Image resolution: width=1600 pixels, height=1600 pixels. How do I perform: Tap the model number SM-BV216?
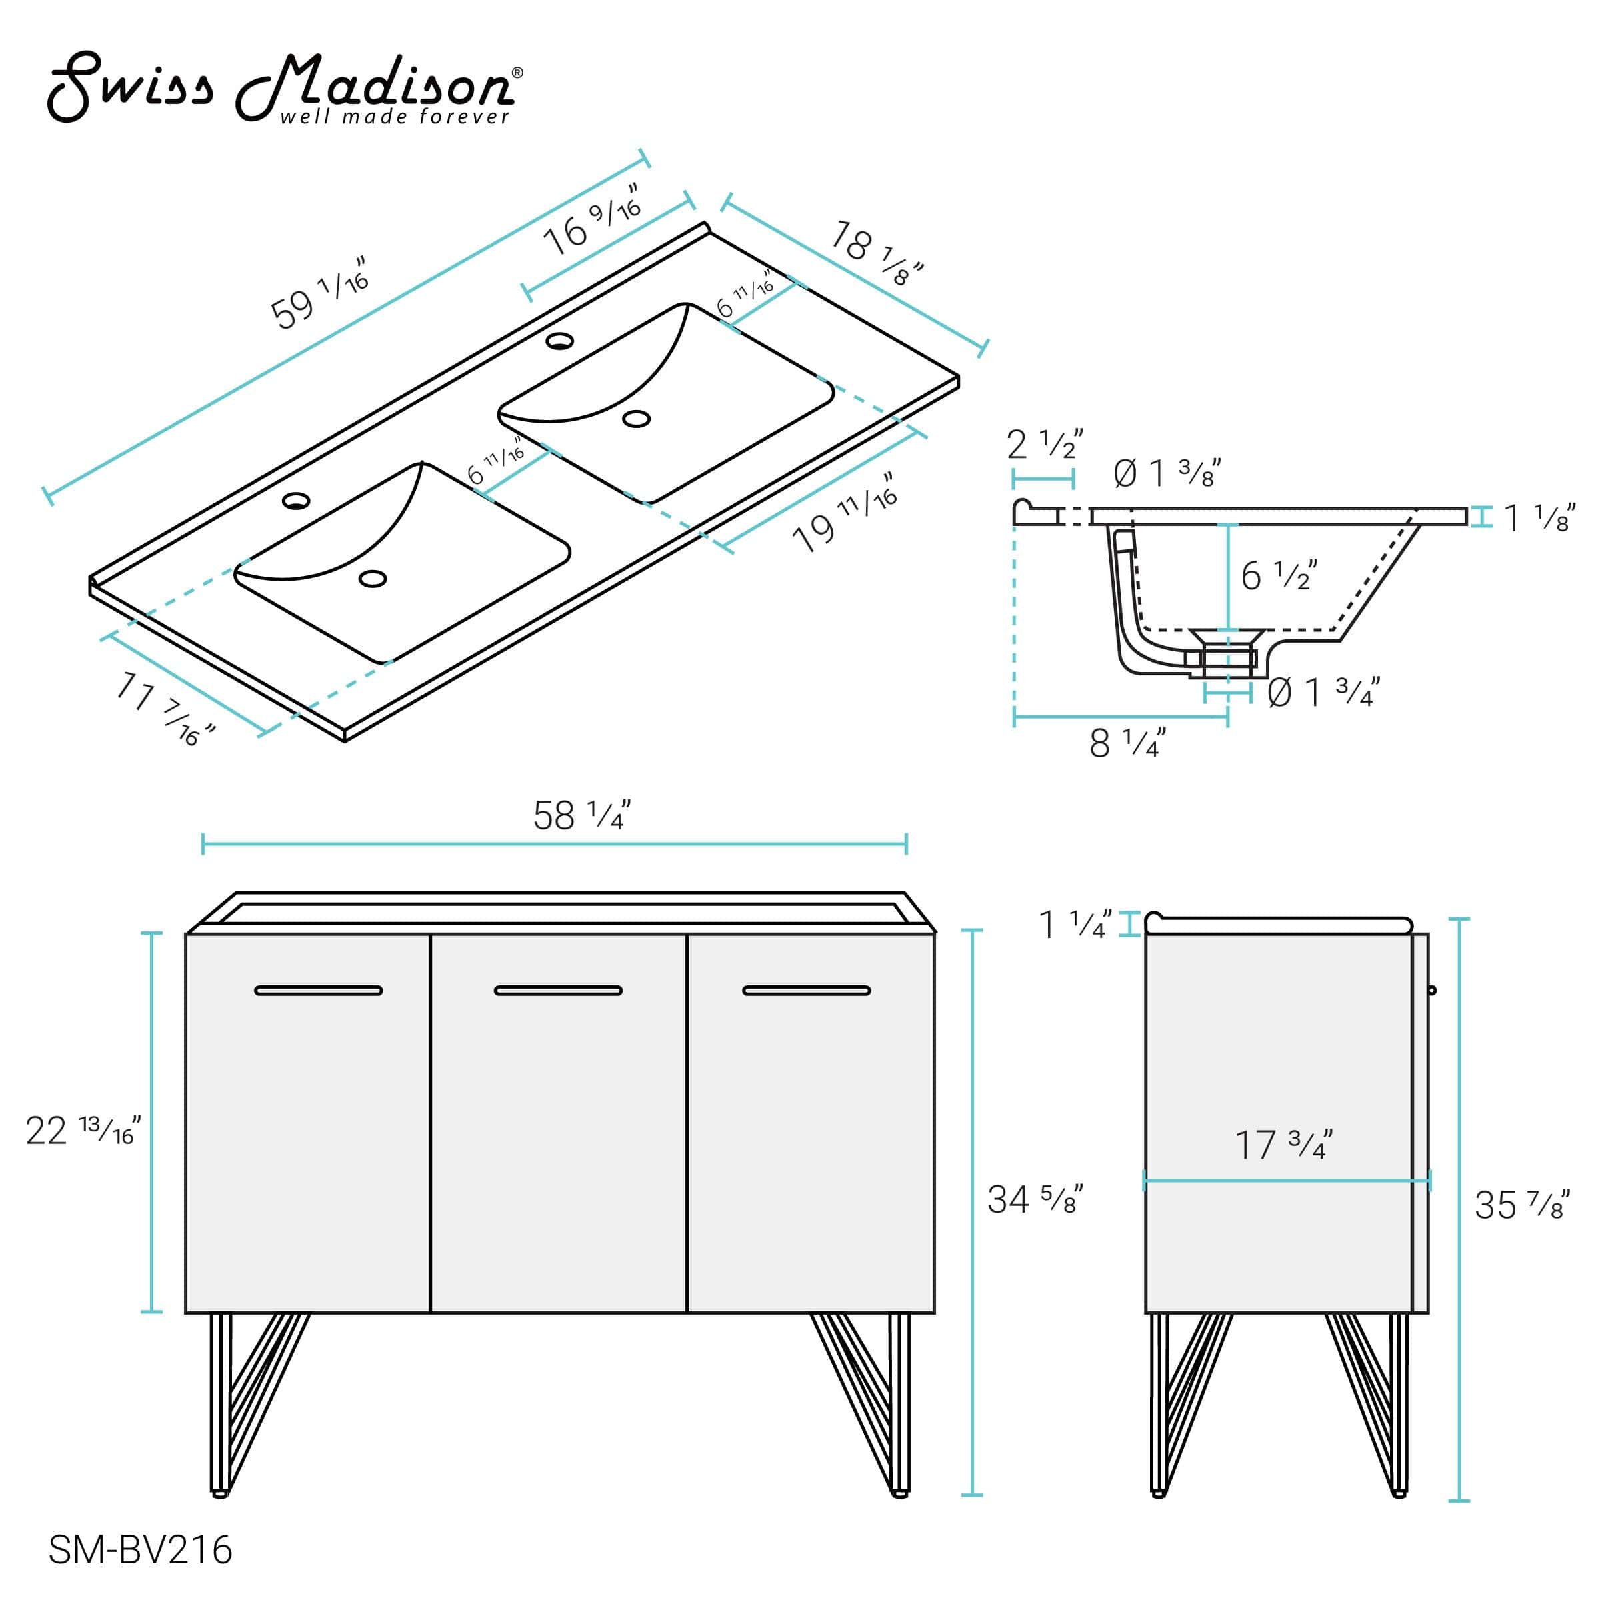tap(140, 1549)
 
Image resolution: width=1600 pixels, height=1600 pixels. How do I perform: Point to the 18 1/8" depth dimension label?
tap(876, 253)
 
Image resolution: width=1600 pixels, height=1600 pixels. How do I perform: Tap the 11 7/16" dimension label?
tap(165, 709)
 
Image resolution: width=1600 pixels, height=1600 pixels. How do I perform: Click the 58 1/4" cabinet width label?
tap(581, 816)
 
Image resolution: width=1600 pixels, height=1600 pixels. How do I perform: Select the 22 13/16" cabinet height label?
tap(83, 1131)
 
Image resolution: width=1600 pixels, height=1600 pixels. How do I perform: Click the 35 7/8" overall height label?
tap(1522, 1205)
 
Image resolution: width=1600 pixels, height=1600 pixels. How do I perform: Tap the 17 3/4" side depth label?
tap(1283, 1145)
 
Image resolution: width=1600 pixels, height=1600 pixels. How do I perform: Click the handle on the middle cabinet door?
tap(558, 991)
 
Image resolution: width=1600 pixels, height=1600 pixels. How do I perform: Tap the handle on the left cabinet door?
tap(318, 991)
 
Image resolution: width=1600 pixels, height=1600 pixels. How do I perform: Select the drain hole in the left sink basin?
tap(373, 579)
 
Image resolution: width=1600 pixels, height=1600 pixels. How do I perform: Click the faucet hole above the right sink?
tap(560, 341)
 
